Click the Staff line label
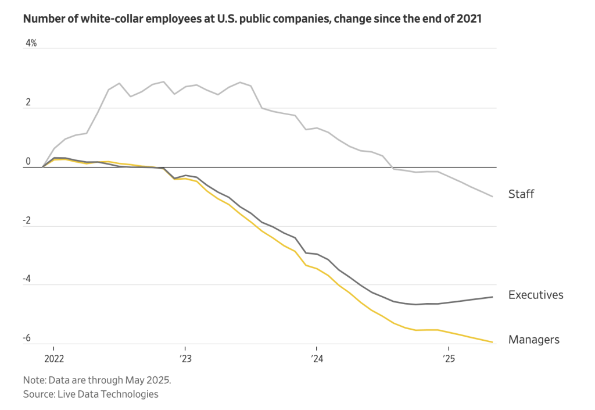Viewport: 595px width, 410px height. tap(521, 194)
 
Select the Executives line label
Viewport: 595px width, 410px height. tap(535, 295)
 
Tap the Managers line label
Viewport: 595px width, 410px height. tap(533, 340)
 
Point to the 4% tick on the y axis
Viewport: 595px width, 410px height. tap(31, 43)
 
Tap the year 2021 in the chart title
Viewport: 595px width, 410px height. tap(469, 19)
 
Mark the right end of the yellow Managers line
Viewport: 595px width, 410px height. tap(493, 342)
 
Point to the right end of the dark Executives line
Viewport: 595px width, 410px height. tap(493, 297)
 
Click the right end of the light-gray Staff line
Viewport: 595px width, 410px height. tap(493, 197)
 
